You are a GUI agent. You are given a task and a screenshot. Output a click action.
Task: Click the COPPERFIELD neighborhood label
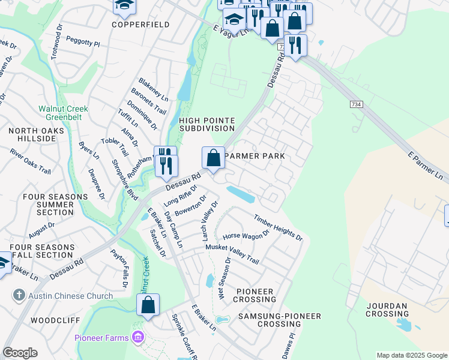coord(140,25)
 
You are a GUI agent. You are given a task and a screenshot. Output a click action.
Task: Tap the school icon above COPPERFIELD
coord(125,6)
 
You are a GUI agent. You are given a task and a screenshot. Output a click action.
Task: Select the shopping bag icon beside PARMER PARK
coord(213,158)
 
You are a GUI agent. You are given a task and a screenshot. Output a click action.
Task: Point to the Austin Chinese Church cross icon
coord(19,296)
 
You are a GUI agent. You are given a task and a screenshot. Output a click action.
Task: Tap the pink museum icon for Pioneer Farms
coord(139,338)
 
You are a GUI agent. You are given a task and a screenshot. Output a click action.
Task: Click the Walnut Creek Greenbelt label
coord(63,113)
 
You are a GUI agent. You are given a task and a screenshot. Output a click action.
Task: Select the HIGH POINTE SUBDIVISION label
coord(206,124)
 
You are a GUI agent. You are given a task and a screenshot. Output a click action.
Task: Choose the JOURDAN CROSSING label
coord(387,310)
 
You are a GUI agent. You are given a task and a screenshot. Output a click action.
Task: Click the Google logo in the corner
coord(20,353)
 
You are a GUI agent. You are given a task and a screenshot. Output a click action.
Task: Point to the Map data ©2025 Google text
coord(411,355)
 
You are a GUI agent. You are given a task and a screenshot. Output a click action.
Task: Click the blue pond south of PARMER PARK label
coord(243,194)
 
